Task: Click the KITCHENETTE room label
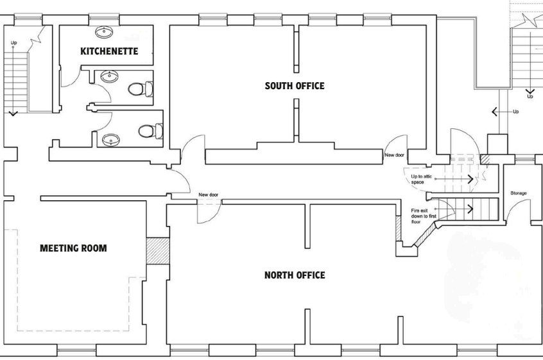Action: point(109,51)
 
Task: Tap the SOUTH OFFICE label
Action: point(295,86)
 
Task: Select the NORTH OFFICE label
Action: point(295,275)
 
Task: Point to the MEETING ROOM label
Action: point(73,248)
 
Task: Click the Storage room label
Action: point(519,193)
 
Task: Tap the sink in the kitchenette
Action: point(104,33)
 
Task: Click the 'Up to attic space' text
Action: point(421,179)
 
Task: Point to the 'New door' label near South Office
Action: point(395,155)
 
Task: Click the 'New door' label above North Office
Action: point(209,195)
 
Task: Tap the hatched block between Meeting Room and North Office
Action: point(157,251)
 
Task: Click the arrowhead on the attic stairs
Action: point(471,179)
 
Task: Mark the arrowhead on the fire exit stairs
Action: point(471,209)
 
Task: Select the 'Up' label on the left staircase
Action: point(14,43)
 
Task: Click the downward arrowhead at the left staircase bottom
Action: point(13,113)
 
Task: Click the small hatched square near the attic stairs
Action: point(485,159)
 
